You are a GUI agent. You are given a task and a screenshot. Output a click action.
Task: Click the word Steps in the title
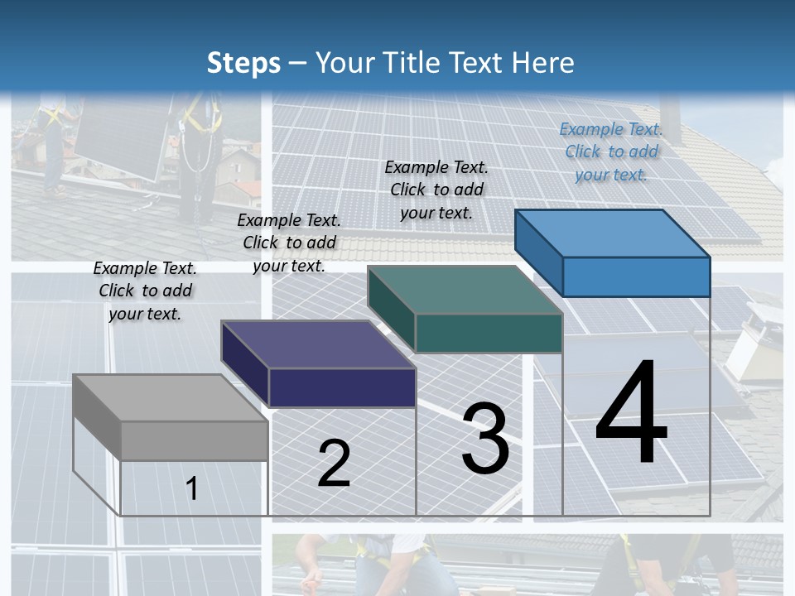[243, 63]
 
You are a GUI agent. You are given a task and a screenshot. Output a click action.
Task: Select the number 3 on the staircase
[485, 439]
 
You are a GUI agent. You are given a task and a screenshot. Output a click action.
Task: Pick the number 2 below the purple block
[334, 464]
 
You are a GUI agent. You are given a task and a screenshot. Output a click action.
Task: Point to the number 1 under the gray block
[191, 488]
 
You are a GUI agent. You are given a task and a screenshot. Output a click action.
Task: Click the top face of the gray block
[170, 397]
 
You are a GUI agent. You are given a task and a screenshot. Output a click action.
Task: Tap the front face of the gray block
[195, 440]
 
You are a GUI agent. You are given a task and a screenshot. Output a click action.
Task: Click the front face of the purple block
[342, 387]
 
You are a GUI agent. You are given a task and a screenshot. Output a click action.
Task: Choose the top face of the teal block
[465, 290]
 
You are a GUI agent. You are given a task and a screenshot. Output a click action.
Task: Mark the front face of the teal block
[489, 333]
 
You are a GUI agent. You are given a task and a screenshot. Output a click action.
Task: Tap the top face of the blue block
[612, 233]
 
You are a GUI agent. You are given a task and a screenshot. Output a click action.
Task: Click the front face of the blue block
[636, 276]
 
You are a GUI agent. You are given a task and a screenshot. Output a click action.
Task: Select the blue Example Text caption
[611, 151]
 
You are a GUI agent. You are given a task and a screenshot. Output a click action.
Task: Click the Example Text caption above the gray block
[145, 291]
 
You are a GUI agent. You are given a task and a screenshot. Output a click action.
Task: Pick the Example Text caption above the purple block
[289, 243]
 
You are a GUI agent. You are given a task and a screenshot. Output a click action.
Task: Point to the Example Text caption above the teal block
[436, 190]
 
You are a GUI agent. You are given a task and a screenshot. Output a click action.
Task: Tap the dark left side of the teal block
[391, 310]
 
